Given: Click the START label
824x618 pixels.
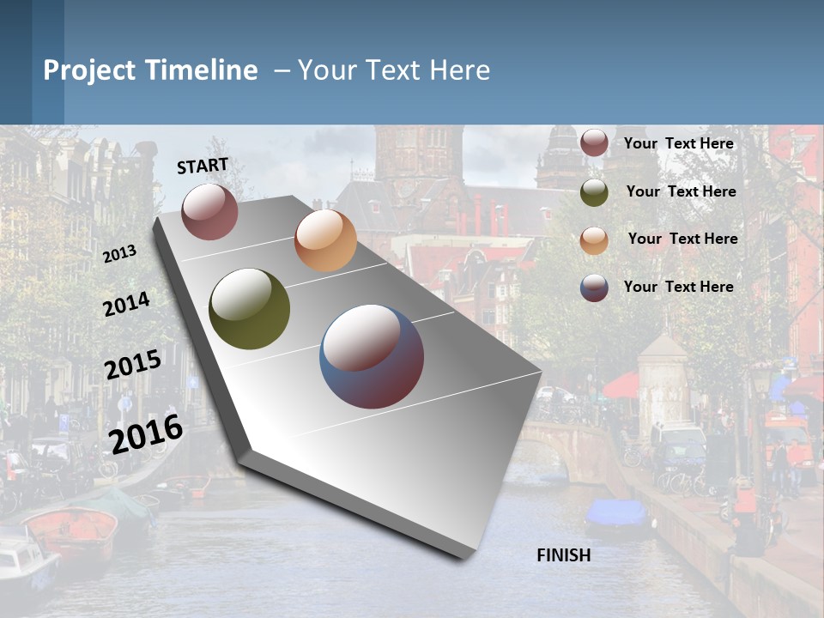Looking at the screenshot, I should pyautogui.click(x=203, y=166).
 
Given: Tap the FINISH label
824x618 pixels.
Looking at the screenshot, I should pyautogui.click(x=564, y=555).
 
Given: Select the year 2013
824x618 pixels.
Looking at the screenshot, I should pyautogui.click(x=119, y=254).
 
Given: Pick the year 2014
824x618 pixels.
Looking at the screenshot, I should pyautogui.click(x=126, y=304).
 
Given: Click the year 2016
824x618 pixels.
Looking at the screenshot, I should pyautogui.click(x=147, y=433).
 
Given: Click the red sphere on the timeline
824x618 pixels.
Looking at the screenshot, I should pyautogui.click(x=209, y=211).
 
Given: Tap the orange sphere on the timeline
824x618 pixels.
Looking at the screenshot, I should pyautogui.click(x=325, y=240).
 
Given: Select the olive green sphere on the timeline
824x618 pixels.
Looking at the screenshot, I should pyautogui.click(x=250, y=309).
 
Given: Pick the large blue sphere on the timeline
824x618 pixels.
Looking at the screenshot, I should pyautogui.click(x=372, y=356).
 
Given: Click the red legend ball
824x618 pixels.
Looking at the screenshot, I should pyautogui.click(x=594, y=142).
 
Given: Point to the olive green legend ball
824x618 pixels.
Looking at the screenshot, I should pyautogui.click(x=594, y=192).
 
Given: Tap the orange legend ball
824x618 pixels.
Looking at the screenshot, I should pyautogui.click(x=594, y=239).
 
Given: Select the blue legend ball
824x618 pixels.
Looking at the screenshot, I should pyautogui.click(x=594, y=288).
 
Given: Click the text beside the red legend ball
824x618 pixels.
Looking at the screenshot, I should pyautogui.click(x=679, y=143).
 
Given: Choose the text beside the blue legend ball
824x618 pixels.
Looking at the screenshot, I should pyautogui.click(x=679, y=287).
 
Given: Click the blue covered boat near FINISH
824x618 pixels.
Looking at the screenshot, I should pyautogui.click(x=615, y=513).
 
